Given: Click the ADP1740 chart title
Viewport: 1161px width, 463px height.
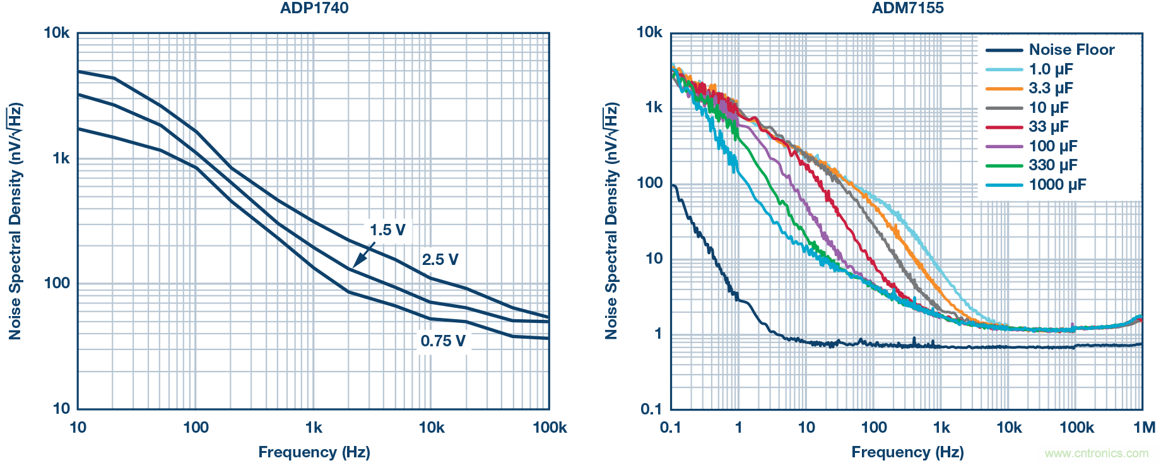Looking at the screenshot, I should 314,8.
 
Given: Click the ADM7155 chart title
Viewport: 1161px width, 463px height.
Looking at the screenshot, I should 907,8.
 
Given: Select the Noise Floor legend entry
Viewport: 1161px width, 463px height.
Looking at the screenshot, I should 1071,50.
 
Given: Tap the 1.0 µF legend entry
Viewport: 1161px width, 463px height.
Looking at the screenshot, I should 1051,69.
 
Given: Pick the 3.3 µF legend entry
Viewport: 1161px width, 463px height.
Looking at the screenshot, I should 1051,88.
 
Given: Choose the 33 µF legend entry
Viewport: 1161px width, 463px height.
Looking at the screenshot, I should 1048,127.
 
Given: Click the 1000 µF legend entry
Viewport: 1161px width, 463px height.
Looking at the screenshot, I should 1057,185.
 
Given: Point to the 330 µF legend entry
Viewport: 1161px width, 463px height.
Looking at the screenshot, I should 1052,165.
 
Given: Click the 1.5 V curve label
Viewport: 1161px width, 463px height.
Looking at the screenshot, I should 387,230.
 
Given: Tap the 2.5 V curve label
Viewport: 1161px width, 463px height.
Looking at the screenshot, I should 440,260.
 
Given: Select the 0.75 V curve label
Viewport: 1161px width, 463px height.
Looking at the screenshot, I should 443,341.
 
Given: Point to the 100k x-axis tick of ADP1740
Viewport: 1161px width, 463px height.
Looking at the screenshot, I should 549,428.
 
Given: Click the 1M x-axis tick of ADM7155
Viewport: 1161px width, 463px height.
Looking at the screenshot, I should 1144,428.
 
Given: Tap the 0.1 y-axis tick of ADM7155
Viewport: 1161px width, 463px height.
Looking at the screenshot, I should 652,409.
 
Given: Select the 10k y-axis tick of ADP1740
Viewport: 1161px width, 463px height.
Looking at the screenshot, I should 57,33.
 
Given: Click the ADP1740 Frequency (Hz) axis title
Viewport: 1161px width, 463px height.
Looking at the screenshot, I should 314,452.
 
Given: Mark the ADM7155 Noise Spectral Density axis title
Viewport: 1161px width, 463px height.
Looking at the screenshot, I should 611,221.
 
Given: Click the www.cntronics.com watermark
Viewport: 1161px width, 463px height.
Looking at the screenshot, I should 1097,453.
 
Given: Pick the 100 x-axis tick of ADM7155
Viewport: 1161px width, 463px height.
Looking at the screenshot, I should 874,428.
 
